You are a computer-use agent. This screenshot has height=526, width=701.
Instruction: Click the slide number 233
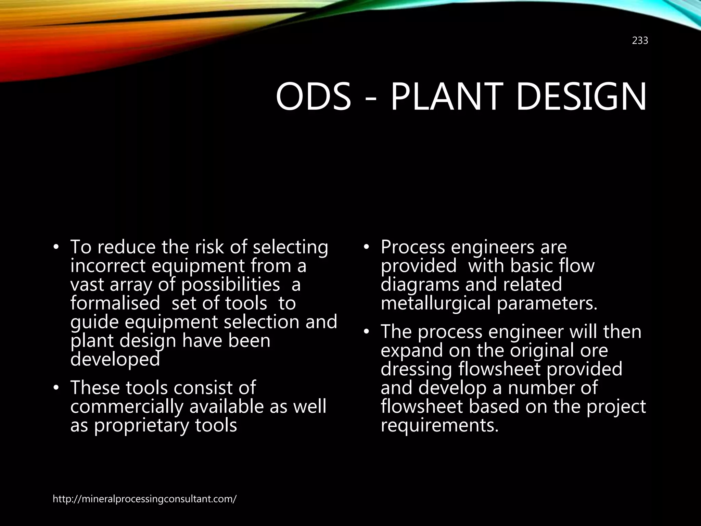(640, 41)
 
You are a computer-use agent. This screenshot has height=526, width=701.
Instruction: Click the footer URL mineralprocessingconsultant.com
(144, 499)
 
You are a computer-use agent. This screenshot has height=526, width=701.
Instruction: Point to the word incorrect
(108, 266)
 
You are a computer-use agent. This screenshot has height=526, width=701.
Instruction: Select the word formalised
(115, 303)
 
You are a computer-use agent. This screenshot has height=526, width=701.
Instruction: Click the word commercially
(127, 407)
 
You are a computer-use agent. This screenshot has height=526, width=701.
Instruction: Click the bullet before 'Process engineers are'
(366, 247)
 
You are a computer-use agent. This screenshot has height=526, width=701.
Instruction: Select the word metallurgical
(436, 303)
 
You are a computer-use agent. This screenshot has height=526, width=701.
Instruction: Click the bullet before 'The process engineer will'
(366, 332)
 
